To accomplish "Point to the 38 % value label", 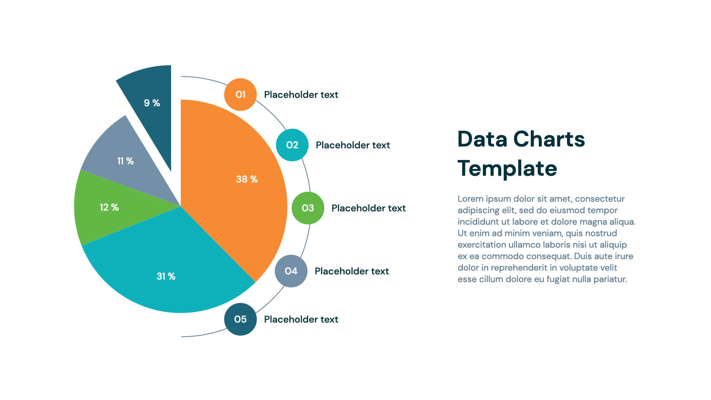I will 247,179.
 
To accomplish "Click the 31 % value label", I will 166,276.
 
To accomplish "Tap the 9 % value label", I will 152,103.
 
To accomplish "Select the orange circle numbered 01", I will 240,94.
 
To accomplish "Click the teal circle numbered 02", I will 292,145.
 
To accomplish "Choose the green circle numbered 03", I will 308,208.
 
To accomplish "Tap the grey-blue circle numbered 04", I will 291,271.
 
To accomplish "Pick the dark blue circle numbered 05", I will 240,319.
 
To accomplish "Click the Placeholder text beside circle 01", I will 301,95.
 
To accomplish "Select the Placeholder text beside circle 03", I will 368,208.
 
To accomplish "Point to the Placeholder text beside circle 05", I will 301,319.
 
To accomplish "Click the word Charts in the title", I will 549,139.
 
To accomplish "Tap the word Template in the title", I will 507,169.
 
